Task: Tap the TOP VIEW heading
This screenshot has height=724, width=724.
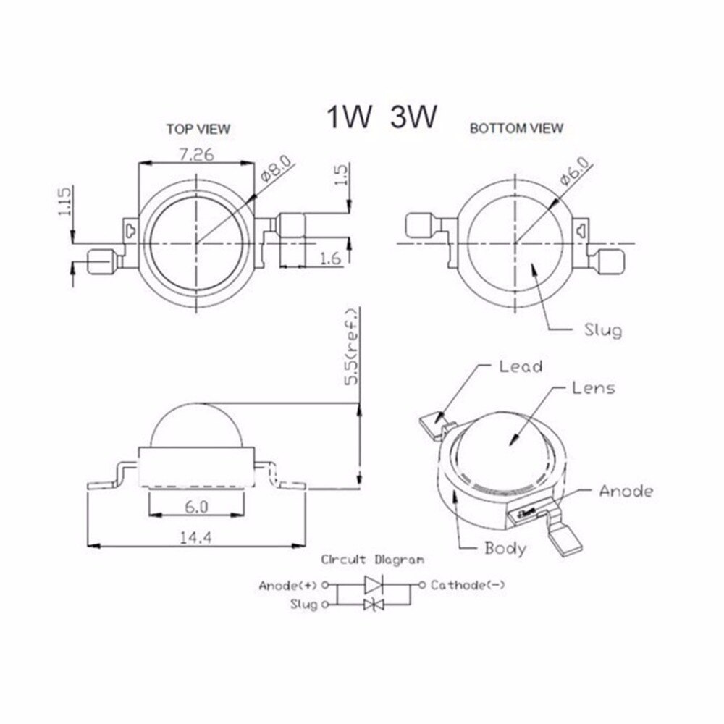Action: pyautogui.click(x=198, y=130)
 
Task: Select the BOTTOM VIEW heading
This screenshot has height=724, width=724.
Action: pyautogui.click(x=516, y=129)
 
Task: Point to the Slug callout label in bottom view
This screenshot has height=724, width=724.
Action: pyautogui.click(x=602, y=331)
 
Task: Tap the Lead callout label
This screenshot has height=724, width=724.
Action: pyautogui.click(x=521, y=366)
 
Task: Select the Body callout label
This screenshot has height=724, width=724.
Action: pyautogui.click(x=505, y=548)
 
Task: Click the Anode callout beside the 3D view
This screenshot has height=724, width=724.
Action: pyautogui.click(x=626, y=492)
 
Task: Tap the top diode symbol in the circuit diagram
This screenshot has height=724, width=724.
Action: pyautogui.click(x=374, y=584)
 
